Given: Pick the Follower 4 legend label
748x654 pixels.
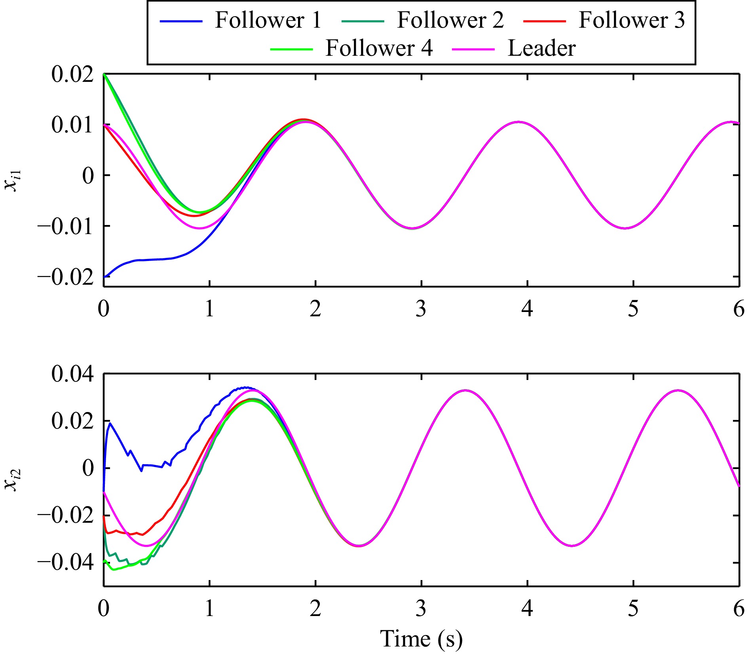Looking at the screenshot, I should [379, 48].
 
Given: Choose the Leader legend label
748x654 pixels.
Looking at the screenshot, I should [541, 48].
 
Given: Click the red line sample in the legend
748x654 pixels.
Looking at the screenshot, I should [545, 21].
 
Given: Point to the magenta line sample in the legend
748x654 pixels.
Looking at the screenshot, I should [473, 49].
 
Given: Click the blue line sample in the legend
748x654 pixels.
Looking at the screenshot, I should [181, 21].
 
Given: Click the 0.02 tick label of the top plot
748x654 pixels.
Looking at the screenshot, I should [73, 74].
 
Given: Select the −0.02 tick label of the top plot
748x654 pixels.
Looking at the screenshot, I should [66, 277].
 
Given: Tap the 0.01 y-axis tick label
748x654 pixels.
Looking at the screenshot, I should [73, 125].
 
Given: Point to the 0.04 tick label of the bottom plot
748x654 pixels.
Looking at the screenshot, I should [73, 374].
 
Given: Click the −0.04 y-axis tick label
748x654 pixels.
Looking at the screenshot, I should [66, 562].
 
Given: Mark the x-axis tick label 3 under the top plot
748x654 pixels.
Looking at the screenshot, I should [421, 309].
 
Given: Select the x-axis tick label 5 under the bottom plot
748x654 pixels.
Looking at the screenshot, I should [633, 609].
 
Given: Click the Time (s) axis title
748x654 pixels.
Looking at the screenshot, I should [421, 638].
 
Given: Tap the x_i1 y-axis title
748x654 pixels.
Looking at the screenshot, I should [13, 180].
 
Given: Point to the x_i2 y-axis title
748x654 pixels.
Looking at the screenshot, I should [13, 479].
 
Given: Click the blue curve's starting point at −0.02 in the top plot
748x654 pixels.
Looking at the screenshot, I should [104, 277].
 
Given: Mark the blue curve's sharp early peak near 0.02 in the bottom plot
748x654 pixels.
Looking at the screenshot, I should [110, 423].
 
